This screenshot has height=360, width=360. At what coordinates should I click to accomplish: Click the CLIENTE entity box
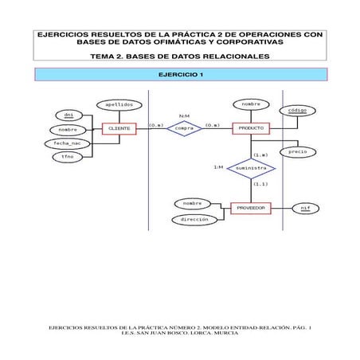[x=119, y=128]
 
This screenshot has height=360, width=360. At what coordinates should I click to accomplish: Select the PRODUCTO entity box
[x=251, y=128]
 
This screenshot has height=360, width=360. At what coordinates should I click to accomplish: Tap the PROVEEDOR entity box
[x=250, y=208]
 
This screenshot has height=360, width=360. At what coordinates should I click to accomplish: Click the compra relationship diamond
[x=184, y=128]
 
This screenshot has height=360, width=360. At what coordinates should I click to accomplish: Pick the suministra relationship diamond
[x=251, y=169]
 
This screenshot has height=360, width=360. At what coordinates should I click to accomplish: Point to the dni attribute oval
[x=68, y=115]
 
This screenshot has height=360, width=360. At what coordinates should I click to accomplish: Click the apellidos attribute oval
[x=119, y=104]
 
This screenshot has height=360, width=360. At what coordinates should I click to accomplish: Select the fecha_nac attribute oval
[x=68, y=143]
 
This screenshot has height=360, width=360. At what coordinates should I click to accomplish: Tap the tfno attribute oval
[x=68, y=157]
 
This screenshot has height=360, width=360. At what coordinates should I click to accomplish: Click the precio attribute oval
[x=298, y=151]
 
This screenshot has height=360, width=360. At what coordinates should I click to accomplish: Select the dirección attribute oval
[x=194, y=219]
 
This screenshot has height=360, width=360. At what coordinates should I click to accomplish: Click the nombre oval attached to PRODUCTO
[x=251, y=104]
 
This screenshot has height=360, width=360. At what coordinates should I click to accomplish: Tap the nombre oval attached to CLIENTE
[x=68, y=129]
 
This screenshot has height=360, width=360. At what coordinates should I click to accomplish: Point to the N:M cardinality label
[x=184, y=115]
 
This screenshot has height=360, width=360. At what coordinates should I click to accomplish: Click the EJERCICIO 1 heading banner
[x=180, y=74]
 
